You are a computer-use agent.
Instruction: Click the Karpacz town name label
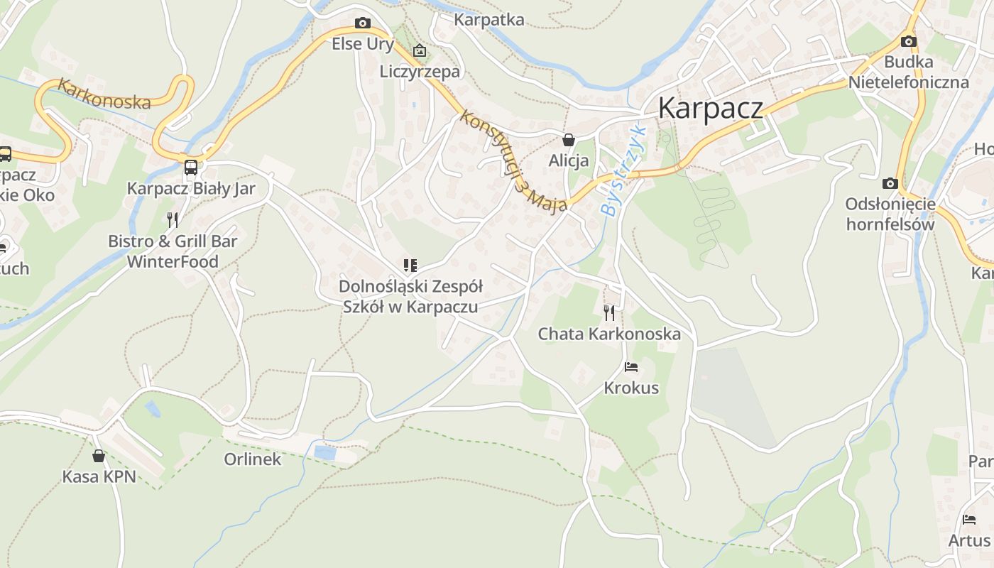point(710,108)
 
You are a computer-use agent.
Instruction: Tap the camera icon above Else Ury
point(363,23)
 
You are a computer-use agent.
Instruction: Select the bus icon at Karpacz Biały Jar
point(190,168)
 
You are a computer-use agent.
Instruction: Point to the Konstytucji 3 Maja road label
point(513,160)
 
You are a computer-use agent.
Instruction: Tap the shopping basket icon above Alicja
point(568,140)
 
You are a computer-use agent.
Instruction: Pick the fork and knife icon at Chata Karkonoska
point(609,312)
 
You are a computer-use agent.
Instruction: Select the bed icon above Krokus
point(630,367)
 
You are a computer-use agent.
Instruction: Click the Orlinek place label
point(253,459)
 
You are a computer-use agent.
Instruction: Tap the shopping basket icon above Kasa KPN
point(99,455)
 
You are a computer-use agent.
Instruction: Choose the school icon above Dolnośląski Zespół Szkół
point(410,266)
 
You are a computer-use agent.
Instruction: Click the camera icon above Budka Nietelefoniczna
point(908,41)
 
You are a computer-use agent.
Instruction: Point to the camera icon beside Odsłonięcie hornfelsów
point(890,183)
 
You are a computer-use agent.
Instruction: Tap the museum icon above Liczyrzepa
point(420,50)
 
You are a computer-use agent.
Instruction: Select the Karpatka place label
point(489,19)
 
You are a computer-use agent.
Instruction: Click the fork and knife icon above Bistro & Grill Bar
point(173,219)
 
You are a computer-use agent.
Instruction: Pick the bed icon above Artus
point(969,520)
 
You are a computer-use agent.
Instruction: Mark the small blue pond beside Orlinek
point(325,452)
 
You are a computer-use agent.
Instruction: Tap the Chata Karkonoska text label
point(609,334)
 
